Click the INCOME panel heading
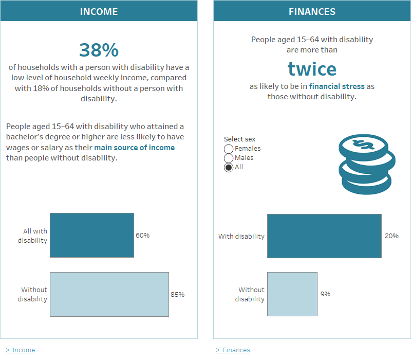(99, 11)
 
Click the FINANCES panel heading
(312, 11)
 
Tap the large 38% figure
(99, 50)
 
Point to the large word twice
(312, 68)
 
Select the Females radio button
(229, 149)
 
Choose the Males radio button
(229, 158)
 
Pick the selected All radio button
(229, 167)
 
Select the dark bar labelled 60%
(91, 235)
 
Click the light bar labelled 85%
(109, 294)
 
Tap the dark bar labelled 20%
(324, 236)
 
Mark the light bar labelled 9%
(292, 294)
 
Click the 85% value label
(177, 295)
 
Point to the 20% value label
(391, 236)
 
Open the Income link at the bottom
(24, 350)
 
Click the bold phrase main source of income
(135, 148)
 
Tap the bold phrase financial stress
(337, 86)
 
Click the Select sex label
(239, 139)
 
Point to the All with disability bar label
(33, 236)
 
